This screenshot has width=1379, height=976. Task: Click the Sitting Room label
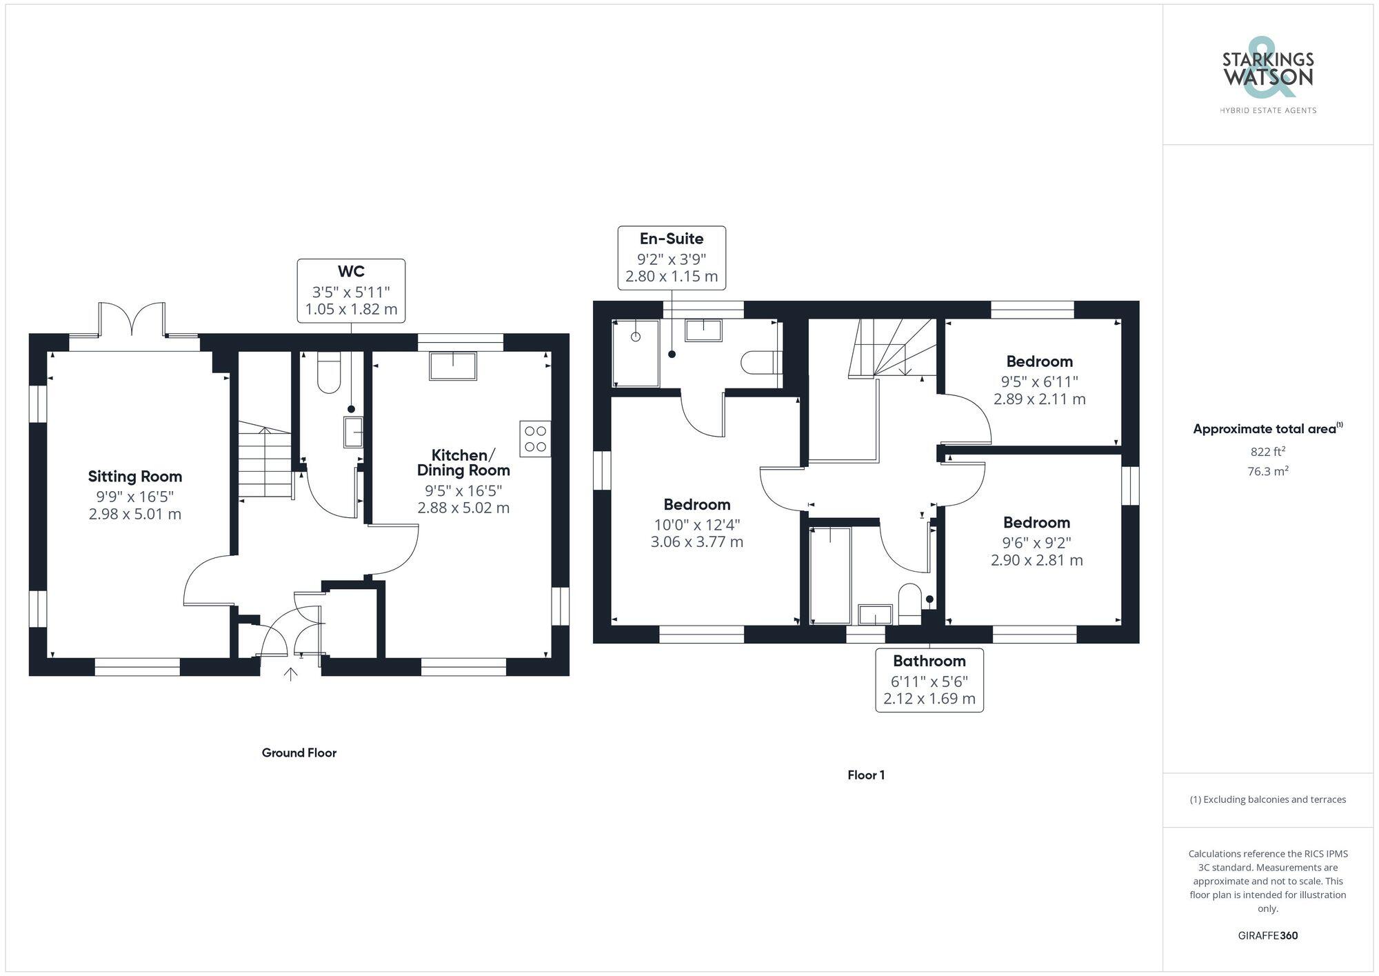[x=135, y=477]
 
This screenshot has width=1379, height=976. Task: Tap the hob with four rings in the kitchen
[x=535, y=439]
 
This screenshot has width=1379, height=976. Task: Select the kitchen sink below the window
[x=452, y=366]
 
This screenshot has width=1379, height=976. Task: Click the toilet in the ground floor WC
[x=329, y=373]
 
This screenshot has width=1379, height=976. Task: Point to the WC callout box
[x=351, y=290]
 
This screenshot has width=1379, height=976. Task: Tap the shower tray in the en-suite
[x=636, y=353]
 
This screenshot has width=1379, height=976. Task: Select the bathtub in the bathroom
[x=829, y=575]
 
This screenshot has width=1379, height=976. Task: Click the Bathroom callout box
[x=929, y=680]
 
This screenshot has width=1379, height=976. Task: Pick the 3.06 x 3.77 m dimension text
[x=697, y=542]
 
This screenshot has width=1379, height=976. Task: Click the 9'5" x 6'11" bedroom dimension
[x=1039, y=381]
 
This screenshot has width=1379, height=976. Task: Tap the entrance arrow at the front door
[x=291, y=674]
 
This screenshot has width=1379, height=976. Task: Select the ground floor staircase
[x=265, y=461]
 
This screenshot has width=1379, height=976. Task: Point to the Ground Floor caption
[x=299, y=753]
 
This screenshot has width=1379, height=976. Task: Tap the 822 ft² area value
[x=1267, y=452]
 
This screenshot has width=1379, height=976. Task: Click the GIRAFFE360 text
[x=1267, y=935]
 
